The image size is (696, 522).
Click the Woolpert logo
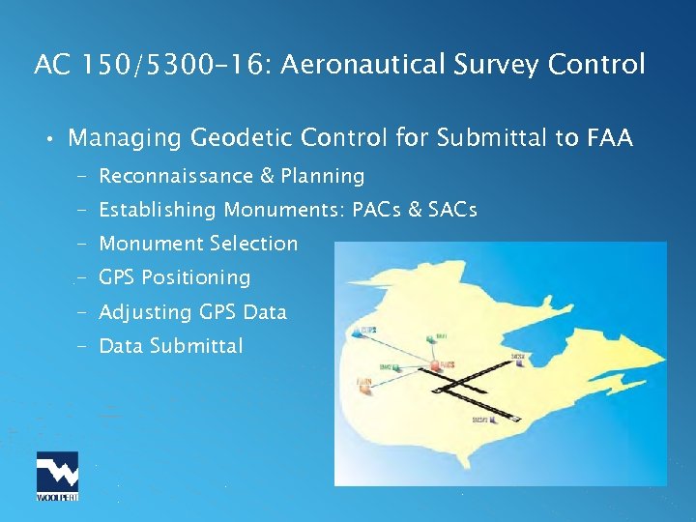pyautogui.click(x=57, y=476)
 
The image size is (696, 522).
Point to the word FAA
pyautogui.click(x=609, y=138)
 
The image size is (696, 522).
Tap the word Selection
pyautogui.click(x=258, y=244)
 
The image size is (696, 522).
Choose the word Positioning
pyautogui.click(x=195, y=277)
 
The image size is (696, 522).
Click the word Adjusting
pyautogui.click(x=146, y=312)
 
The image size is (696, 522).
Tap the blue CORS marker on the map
pyautogui.click(x=361, y=332)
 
